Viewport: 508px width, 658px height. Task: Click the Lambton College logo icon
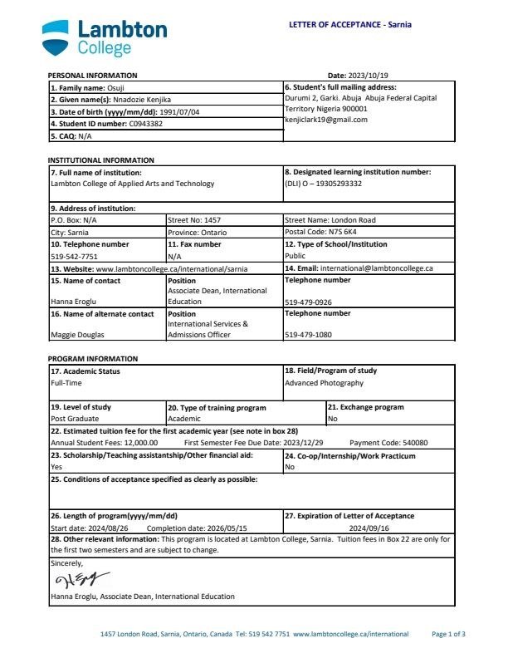click(58, 36)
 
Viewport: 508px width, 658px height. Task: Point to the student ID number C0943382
click(145, 124)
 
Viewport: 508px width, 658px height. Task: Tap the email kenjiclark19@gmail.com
click(325, 120)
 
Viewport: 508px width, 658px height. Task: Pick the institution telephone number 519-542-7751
click(74, 257)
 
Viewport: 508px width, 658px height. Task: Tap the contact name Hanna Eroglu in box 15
click(75, 302)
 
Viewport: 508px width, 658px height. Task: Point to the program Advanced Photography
click(324, 383)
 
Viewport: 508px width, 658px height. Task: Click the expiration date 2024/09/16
click(369, 528)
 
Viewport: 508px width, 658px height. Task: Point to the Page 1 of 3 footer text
click(449, 634)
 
